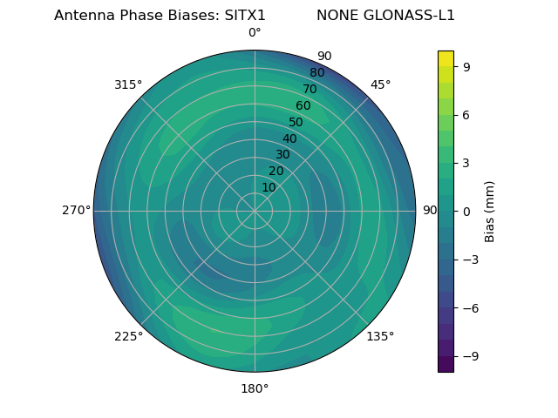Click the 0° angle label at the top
(255, 33)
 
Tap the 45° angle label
(381, 84)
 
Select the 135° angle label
(380, 337)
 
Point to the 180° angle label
(255, 388)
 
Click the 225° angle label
(128, 337)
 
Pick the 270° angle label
(76, 211)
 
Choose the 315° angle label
(128, 84)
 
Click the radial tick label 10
(269, 187)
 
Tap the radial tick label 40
(289, 138)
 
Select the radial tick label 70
(310, 89)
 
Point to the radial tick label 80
(316, 72)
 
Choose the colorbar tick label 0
(466, 211)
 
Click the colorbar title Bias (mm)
(490, 211)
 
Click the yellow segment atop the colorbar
(446, 58)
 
